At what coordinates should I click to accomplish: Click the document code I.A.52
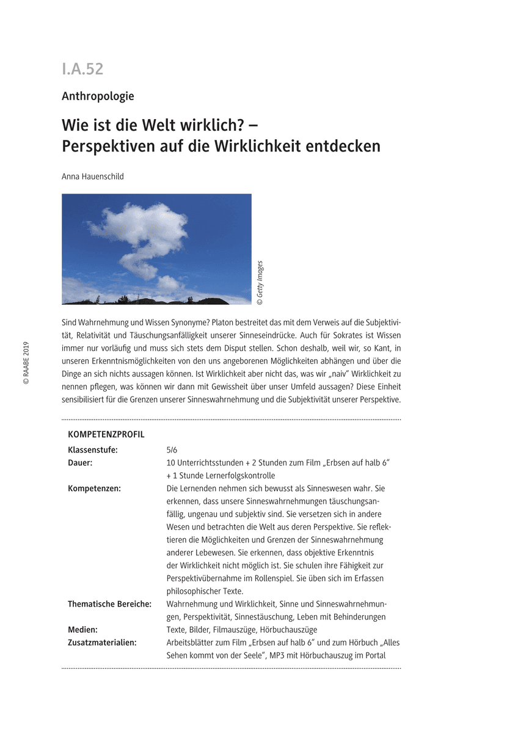[x=82, y=69]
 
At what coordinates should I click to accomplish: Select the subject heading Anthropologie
[x=98, y=96]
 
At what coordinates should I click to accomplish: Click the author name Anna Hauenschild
[x=93, y=176]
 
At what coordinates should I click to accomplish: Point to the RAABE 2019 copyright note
[x=26, y=363]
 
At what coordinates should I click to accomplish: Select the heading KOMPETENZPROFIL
[x=106, y=435]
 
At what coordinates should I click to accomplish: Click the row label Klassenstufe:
[x=93, y=450]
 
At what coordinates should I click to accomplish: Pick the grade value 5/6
[x=172, y=450]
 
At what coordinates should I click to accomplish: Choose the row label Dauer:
[x=80, y=463]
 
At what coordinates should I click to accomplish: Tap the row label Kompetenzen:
[x=94, y=489]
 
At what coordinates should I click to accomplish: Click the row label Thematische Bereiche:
[x=109, y=604]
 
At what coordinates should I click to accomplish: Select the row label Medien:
[x=82, y=630]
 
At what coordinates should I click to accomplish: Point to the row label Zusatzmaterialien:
[x=102, y=643]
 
